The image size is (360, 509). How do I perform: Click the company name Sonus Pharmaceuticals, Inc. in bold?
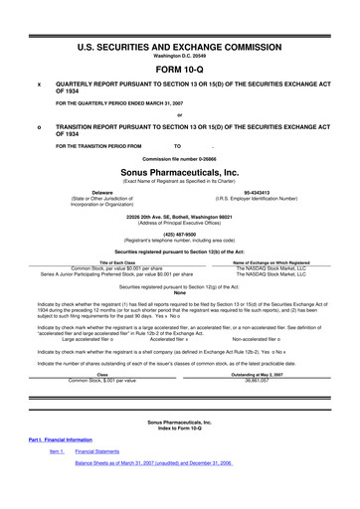click(180, 171)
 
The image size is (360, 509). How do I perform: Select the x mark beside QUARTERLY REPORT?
click(39, 85)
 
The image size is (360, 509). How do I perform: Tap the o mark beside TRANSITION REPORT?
click(39, 127)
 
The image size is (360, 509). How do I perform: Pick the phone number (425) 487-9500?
click(180, 236)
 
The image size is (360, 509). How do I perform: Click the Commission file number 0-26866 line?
click(180, 158)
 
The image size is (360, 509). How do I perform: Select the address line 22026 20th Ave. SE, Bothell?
click(180, 215)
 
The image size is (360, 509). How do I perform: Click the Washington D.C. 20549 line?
click(180, 56)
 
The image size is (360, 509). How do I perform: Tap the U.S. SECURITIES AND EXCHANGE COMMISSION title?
click(180, 46)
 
